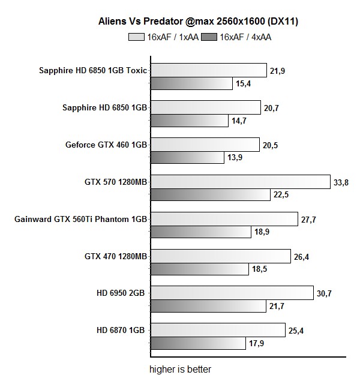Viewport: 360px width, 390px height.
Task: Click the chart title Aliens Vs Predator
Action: coord(199,22)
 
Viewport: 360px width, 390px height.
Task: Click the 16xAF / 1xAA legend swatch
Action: coord(136,37)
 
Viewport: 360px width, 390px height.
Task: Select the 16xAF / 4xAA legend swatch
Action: coord(209,37)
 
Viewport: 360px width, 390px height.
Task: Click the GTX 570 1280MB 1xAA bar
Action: coord(240,182)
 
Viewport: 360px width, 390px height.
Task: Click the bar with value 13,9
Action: coord(187,158)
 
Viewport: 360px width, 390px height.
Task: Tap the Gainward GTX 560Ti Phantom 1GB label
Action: coord(80,219)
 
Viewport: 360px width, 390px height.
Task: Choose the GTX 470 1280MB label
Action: coord(116,256)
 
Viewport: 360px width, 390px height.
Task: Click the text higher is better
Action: coord(180,369)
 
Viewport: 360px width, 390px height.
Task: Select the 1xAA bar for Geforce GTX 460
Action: coord(205,145)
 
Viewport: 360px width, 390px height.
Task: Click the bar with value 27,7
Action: coord(224,219)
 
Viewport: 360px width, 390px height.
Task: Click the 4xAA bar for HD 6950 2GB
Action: coord(208,307)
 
